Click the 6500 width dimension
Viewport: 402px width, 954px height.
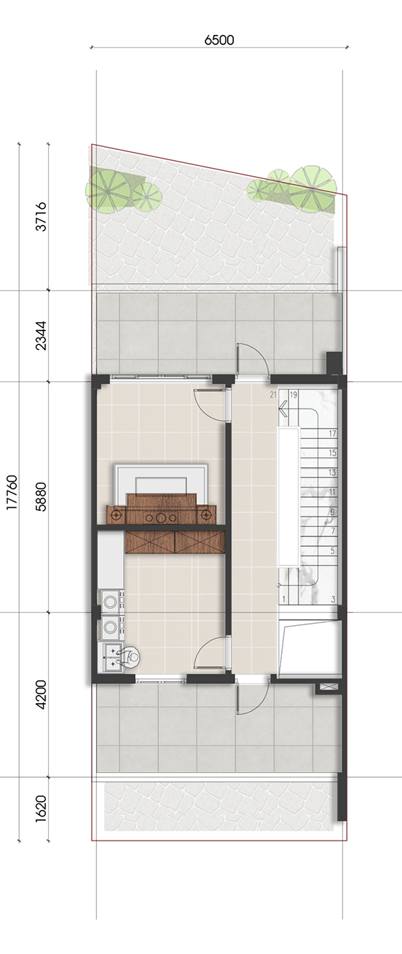[x=219, y=40]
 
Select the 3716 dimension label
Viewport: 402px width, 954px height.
[x=41, y=216]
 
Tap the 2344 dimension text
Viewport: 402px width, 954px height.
[x=41, y=335]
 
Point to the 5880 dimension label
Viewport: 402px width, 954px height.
[x=41, y=496]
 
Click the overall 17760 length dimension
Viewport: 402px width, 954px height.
[x=12, y=493]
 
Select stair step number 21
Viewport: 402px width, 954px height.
[x=273, y=395]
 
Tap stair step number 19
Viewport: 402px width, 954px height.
[x=293, y=395]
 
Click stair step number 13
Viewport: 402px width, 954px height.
[x=332, y=472]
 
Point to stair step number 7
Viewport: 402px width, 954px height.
[x=333, y=531]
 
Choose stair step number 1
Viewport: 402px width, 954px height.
[x=284, y=600]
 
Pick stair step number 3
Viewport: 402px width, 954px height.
[x=333, y=600]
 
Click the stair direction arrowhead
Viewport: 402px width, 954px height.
[x=283, y=409]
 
